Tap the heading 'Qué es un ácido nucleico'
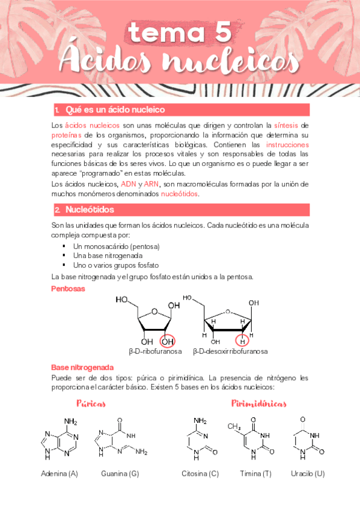click(x=115, y=110)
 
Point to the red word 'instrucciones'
click(x=287, y=145)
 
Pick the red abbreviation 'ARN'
click(x=152, y=184)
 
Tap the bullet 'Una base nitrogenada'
click(x=108, y=256)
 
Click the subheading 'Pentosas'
click(x=68, y=289)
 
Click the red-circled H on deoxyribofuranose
click(x=242, y=341)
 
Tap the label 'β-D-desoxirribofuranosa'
click(x=231, y=352)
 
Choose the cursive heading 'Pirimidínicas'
click(x=258, y=403)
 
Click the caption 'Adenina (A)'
click(x=59, y=473)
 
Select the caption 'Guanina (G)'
click(x=120, y=473)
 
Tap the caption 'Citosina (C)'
click(x=200, y=473)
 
